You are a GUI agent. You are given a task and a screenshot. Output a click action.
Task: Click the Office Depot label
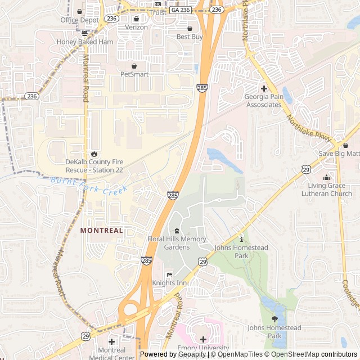[x=79, y=20]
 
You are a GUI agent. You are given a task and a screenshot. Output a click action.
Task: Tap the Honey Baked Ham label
[x=85, y=42]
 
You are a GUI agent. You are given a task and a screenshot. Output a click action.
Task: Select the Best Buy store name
[x=190, y=37]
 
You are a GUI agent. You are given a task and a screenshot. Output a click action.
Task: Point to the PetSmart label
[x=134, y=74]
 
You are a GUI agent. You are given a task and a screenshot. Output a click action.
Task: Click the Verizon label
[x=136, y=27]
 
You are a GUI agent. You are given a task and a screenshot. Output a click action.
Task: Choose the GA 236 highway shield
[x=181, y=10]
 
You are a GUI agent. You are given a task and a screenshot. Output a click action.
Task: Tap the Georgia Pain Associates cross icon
[x=264, y=88]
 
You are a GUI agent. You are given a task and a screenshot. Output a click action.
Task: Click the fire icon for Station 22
[x=93, y=153]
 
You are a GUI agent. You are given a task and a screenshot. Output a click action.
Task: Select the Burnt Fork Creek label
[x=88, y=185]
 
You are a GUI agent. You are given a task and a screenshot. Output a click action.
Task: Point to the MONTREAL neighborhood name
[x=101, y=231]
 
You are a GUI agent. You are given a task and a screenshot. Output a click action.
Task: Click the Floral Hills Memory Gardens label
[x=177, y=243]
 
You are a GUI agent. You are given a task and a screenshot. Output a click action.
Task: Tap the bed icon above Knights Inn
[x=169, y=274]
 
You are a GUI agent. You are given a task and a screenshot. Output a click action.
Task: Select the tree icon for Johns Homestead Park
[x=274, y=319]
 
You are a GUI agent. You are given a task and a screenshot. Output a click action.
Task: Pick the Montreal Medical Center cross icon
[x=111, y=341]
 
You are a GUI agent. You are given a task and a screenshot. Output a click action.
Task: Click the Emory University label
[x=203, y=348]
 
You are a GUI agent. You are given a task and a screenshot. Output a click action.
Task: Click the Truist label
[x=157, y=12]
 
